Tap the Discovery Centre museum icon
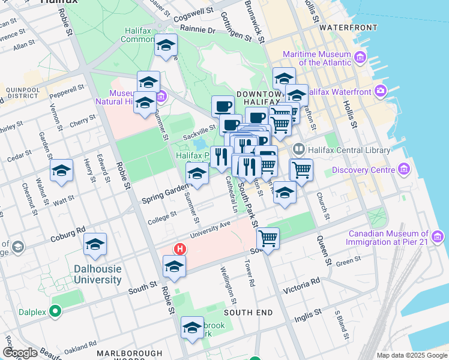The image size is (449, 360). click(404, 170)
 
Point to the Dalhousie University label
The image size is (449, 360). click(97, 274)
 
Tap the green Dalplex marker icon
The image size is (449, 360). click(56, 311)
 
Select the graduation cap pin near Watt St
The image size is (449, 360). click(61, 170)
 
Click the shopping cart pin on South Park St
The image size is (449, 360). click(268, 238)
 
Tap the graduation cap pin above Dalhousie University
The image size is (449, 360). click(95, 244)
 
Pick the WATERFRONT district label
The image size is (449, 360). click(348, 28)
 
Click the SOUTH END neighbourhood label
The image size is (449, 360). click(248, 313)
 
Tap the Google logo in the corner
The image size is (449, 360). click(20, 353)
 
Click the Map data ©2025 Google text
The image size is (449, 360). click(411, 355)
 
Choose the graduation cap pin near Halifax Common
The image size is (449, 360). click(166, 45)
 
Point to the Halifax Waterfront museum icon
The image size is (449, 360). click(380, 91)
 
